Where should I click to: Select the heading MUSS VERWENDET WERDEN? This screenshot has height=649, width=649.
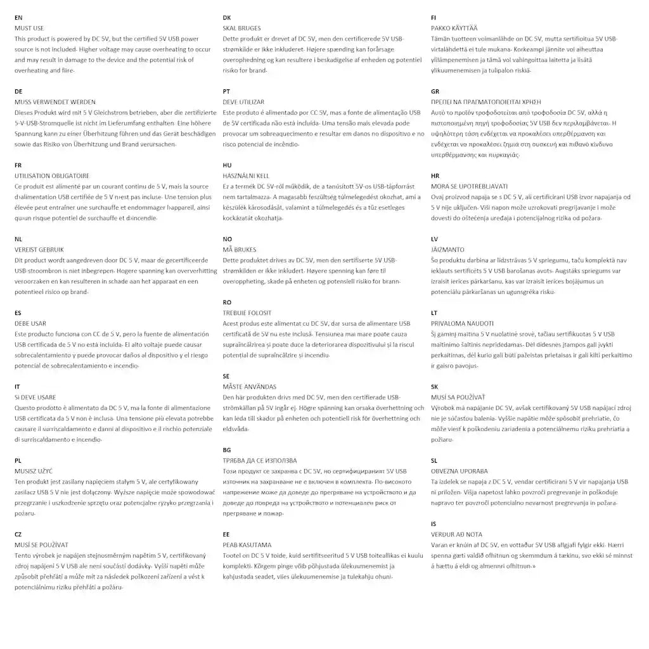click(x=55, y=101)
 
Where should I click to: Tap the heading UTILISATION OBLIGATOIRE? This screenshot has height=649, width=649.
click(x=51, y=176)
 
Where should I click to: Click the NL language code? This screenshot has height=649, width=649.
click(x=18, y=239)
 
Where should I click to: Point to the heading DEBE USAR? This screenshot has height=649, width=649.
click(x=30, y=323)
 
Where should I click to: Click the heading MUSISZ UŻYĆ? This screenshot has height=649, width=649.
click(x=33, y=471)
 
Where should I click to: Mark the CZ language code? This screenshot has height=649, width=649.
click(x=18, y=534)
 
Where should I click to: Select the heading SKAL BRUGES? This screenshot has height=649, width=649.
click(x=241, y=28)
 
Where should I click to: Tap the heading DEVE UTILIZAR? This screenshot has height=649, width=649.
click(x=243, y=101)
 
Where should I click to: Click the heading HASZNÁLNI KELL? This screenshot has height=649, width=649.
click(x=246, y=176)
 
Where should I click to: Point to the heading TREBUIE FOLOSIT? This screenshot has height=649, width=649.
click(x=247, y=312)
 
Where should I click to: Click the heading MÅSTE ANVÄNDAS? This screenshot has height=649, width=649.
click(x=250, y=387)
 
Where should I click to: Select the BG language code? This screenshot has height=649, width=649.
click(x=227, y=449)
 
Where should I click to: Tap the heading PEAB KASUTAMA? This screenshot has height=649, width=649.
click(x=247, y=544)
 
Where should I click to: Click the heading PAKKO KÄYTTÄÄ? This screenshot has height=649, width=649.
click(x=454, y=28)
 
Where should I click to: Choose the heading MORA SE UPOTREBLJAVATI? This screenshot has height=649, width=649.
click(x=469, y=186)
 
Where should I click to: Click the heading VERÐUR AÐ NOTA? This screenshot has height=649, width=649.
click(x=456, y=534)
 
